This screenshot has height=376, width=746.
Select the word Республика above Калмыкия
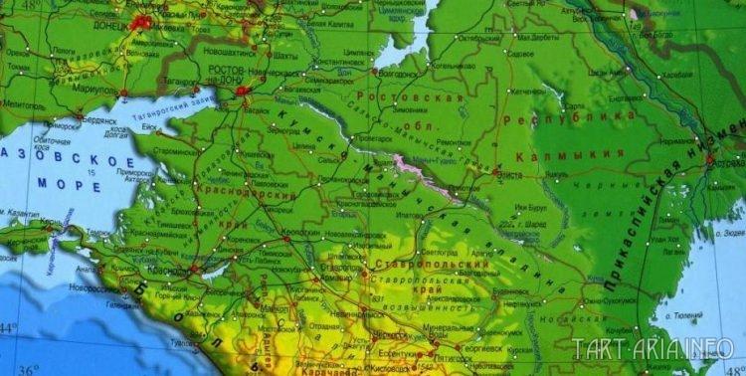[x=583, y=117]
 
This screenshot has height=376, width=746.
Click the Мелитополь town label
[x=21, y=103]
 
